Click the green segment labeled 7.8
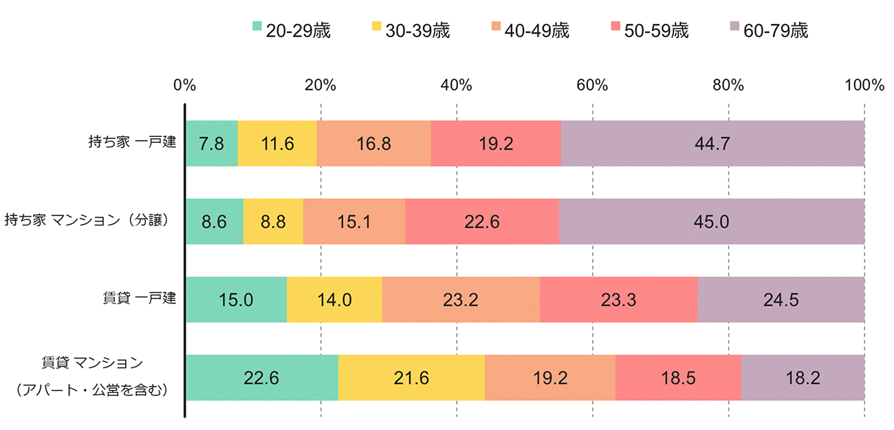(211, 143)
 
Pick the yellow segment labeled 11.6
(277, 143)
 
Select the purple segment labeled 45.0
(712, 222)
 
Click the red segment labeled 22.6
(482, 222)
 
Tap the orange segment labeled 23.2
(461, 299)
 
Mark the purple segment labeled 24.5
(781, 299)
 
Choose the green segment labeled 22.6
(261, 377)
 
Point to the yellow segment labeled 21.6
(411, 377)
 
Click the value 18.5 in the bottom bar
(678, 377)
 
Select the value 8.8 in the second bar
(273, 222)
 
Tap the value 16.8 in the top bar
(373, 143)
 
